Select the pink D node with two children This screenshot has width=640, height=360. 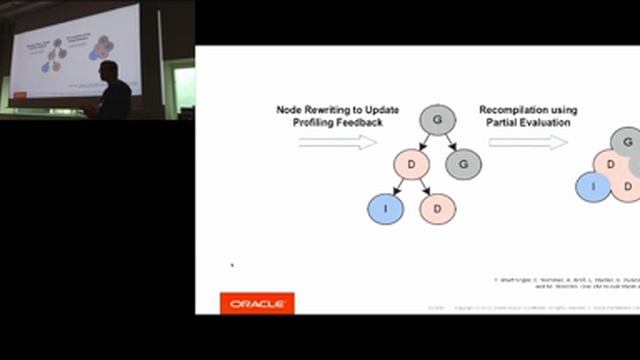coord(411,163)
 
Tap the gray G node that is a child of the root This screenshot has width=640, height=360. coord(463,163)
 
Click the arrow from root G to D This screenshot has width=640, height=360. coord(424,141)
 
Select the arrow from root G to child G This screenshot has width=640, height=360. coord(449,141)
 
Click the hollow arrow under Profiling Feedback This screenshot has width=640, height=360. coord(337,142)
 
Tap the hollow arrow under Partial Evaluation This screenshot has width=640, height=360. coord(527,142)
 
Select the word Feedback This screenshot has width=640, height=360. coord(348,123)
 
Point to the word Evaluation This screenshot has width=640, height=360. coord(548,123)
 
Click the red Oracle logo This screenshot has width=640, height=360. coord(257,303)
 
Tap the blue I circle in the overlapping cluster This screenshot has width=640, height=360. coord(593,185)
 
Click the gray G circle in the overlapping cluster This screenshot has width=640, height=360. coord(628,143)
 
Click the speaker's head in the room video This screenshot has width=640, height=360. coord(109,71)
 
